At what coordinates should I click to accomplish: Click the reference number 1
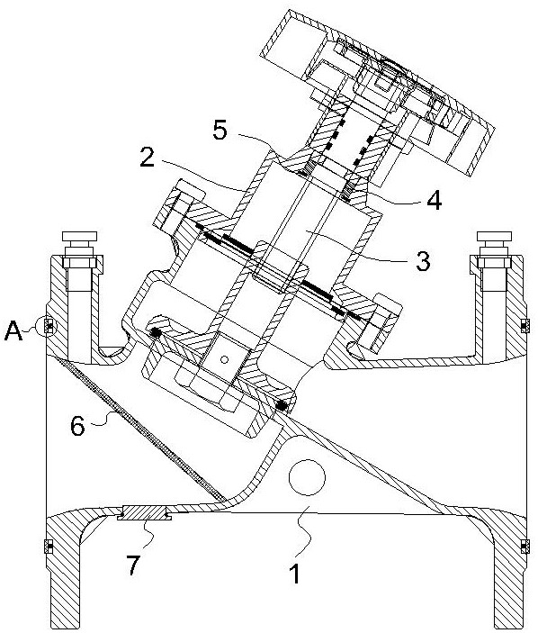[x=296, y=574]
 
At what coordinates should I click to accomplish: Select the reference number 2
[x=148, y=157]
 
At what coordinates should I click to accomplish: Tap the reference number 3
[x=422, y=261]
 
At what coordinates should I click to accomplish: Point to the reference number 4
[x=434, y=199]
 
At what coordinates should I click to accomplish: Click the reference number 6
[x=78, y=426]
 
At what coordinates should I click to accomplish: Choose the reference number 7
[x=132, y=565]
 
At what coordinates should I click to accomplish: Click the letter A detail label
[x=13, y=332]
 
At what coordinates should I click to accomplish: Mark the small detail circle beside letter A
[x=47, y=325]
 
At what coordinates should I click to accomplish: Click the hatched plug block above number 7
[x=145, y=513]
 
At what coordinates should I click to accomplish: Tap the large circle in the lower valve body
[x=307, y=476]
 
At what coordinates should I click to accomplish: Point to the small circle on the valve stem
[x=225, y=359]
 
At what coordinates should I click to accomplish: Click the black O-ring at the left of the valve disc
[x=155, y=332]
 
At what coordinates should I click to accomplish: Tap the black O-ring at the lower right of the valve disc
[x=282, y=406]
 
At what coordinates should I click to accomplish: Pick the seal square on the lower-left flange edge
[x=49, y=547]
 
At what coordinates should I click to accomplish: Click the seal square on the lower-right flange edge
[x=525, y=547]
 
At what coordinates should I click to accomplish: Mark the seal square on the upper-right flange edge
[x=525, y=325]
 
